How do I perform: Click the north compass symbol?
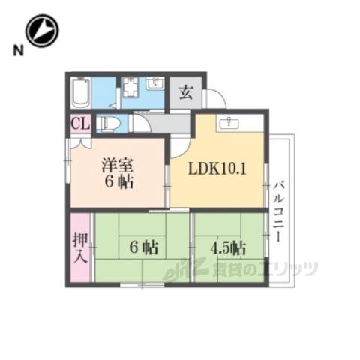click(x=42, y=31)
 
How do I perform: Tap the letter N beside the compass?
click(x=18, y=51)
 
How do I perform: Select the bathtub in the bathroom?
click(x=80, y=93)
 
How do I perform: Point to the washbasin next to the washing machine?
click(x=155, y=83)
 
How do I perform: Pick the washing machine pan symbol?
click(x=130, y=87)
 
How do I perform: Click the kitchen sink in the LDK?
click(x=229, y=123)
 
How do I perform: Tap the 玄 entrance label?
click(x=186, y=92)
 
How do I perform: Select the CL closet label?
click(x=80, y=124)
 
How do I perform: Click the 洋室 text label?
click(x=118, y=165)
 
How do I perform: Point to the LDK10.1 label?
click(x=217, y=169)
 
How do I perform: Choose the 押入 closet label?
click(x=80, y=247)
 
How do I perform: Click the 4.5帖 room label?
click(x=228, y=248)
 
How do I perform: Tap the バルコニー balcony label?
click(x=278, y=212)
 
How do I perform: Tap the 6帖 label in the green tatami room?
click(x=143, y=247)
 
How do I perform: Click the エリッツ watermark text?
click(x=287, y=269)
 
